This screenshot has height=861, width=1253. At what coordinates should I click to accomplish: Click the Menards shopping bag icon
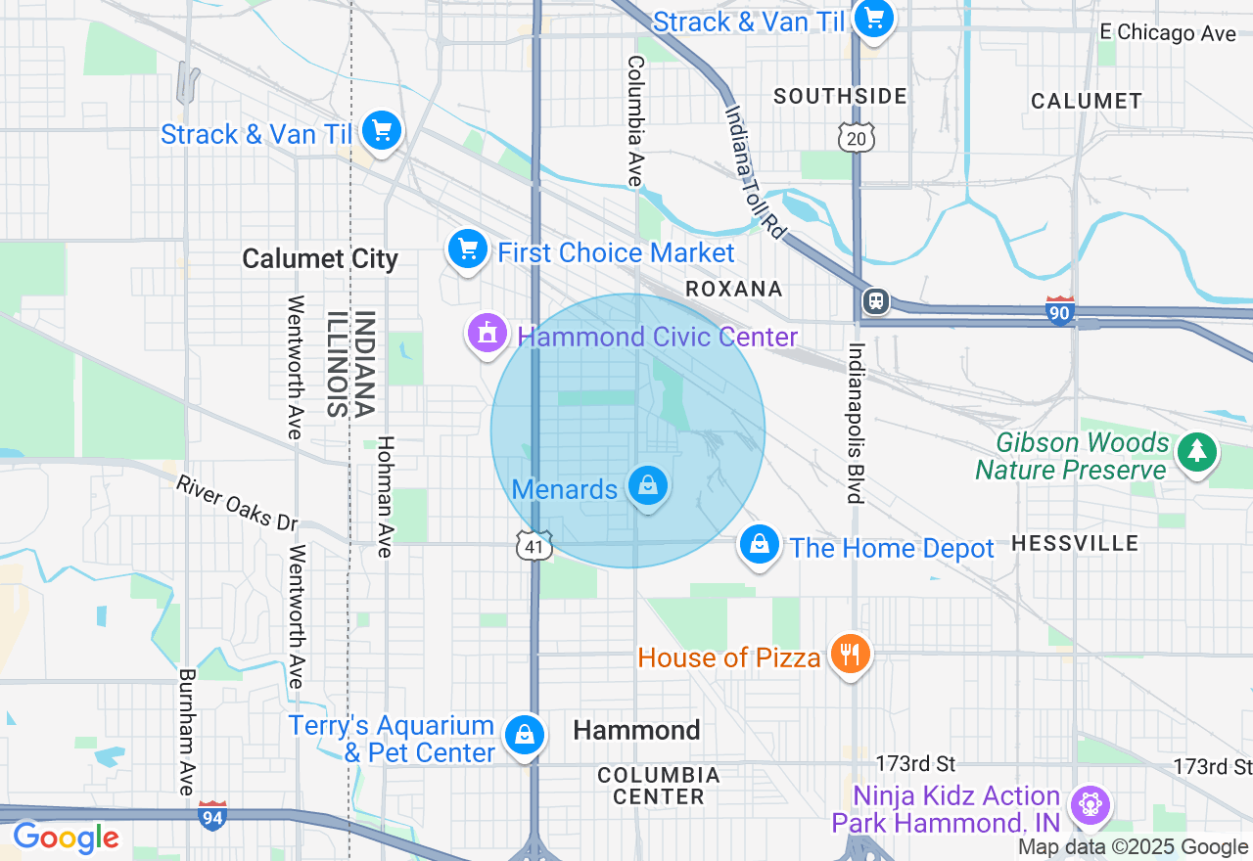click(x=647, y=484)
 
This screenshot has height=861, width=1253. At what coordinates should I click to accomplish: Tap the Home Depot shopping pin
click(x=759, y=544)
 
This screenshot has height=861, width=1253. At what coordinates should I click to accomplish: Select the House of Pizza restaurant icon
click(x=850, y=653)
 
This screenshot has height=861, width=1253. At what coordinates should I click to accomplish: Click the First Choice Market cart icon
click(x=468, y=249)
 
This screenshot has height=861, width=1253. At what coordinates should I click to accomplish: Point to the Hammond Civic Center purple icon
click(x=487, y=334)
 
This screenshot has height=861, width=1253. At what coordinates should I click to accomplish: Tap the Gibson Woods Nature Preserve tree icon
click(x=1196, y=452)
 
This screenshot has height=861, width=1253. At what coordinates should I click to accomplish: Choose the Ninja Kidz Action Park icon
click(x=1089, y=804)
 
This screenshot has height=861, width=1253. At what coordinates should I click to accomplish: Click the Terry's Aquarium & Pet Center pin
click(x=525, y=734)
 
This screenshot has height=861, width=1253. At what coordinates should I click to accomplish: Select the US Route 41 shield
click(x=534, y=546)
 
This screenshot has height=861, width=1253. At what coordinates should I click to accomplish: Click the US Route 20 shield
click(x=856, y=138)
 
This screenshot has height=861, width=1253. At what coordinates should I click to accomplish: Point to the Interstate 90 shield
click(x=1060, y=310)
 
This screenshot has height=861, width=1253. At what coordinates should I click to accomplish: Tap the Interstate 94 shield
click(x=212, y=815)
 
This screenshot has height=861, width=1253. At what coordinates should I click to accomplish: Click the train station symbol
click(x=876, y=300)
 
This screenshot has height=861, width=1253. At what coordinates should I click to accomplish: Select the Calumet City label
click(x=320, y=259)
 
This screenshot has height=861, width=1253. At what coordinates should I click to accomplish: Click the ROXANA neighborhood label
click(x=734, y=289)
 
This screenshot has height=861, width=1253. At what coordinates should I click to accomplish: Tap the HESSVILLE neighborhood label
click(x=1075, y=543)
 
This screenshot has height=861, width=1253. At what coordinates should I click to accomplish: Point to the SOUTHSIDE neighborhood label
click(x=840, y=96)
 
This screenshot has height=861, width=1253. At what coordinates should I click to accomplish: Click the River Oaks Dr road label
click(x=237, y=503)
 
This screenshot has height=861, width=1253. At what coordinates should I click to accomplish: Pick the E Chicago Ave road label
click(x=1168, y=32)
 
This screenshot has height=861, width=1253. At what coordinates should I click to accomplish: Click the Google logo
click(x=66, y=838)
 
